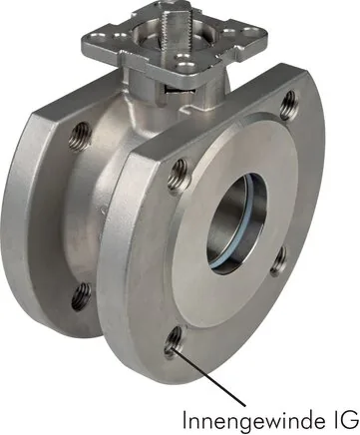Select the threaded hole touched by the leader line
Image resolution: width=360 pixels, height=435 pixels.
tap(173, 343)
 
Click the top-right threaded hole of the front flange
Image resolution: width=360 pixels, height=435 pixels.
tap(289, 105)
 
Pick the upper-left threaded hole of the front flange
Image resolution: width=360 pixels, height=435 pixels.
tap(180, 178)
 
